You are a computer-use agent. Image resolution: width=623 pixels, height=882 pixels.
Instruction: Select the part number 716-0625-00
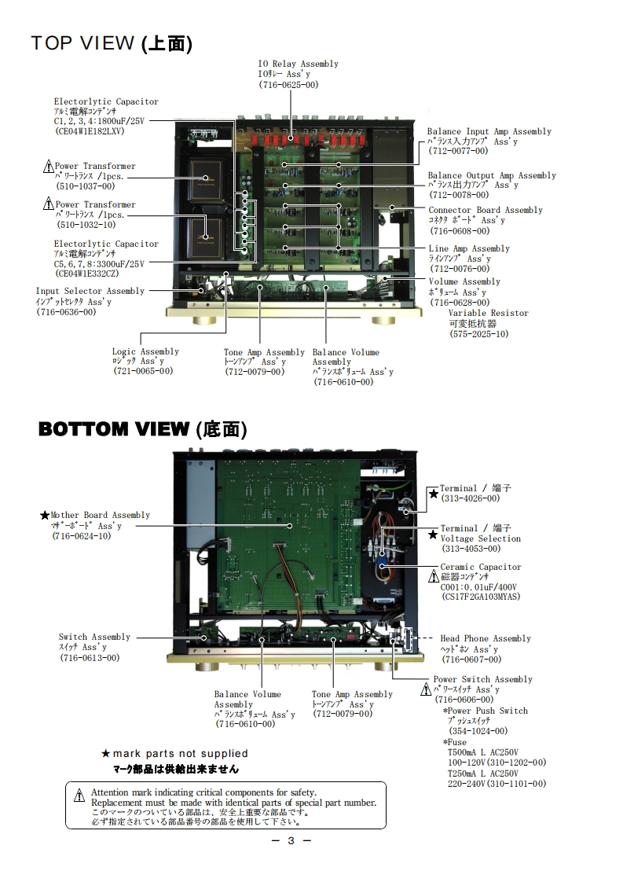click(x=288, y=84)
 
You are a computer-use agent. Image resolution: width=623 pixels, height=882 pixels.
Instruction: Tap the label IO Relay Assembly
click(x=298, y=64)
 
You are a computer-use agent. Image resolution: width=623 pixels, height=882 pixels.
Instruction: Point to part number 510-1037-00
click(x=86, y=186)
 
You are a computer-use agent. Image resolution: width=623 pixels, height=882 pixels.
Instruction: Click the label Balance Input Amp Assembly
click(x=489, y=131)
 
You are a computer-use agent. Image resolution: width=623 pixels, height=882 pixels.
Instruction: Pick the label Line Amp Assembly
click(x=468, y=248)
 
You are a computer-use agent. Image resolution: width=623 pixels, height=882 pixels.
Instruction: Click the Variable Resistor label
click(x=489, y=313)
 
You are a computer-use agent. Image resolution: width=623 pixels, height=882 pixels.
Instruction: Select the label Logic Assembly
click(x=145, y=351)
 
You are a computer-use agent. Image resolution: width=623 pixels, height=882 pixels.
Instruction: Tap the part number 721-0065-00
click(x=143, y=371)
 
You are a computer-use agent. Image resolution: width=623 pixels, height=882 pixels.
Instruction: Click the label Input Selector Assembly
click(x=90, y=291)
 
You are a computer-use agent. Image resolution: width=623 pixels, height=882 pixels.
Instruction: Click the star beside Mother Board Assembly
click(x=45, y=516)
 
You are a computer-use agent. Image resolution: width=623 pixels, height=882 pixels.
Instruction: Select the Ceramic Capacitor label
click(x=480, y=567)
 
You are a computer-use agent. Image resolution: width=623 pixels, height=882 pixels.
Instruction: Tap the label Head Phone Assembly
click(x=486, y=638)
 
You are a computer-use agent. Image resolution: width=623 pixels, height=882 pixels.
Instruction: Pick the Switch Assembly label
click(x=94, y=637)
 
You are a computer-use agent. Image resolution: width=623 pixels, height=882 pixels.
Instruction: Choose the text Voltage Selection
click(x=481, y=538)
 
